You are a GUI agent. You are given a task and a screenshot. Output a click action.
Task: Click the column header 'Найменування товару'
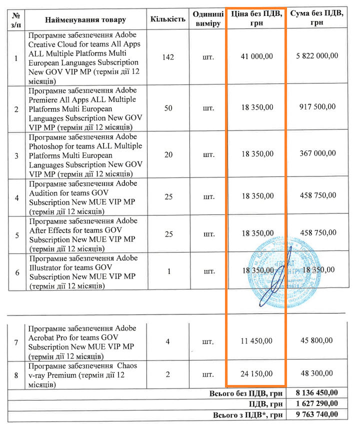(x=85, y=20)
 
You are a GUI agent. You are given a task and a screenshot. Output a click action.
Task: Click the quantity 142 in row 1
(x=168, y=57)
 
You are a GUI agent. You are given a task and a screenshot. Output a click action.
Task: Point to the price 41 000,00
(x=256, y=56)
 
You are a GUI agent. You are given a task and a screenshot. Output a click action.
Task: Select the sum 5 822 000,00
(x=316, y=56)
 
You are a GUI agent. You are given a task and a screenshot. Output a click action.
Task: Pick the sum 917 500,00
(x=316, y=106)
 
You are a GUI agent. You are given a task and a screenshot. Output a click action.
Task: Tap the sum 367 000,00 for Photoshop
(x=316, y=154)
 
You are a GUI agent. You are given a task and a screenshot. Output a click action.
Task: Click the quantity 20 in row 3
(x=168, y=154)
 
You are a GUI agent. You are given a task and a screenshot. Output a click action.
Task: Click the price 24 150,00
(x=256, y=373)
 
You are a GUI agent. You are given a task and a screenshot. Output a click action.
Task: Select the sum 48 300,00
(x=316, y=373)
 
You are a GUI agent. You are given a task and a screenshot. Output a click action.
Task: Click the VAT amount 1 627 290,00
(x=316, y=403)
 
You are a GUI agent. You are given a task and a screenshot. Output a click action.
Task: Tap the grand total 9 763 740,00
(x=316, y=414)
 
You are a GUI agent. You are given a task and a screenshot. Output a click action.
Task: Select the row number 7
(x=16, y=342)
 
